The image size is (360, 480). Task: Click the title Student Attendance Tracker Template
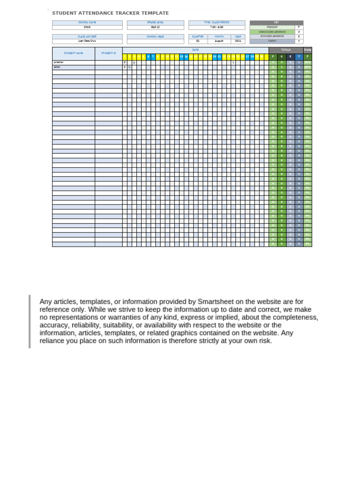[110, 13]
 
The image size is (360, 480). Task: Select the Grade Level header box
[155, 22]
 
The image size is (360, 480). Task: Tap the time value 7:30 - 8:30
[217, 27]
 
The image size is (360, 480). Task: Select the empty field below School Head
[155, 41]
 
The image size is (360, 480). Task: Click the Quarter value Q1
[197, 41]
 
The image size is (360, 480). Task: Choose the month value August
[219, 41]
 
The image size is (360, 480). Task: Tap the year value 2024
[238, 41]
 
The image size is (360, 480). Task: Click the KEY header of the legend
[276, 22]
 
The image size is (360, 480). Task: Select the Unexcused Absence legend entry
[272, 32]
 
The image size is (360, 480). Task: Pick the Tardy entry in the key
[272, 41]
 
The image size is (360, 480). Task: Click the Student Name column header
[73, 53]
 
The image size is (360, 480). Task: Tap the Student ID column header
[108, 53]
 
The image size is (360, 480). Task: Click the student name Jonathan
[58, 62]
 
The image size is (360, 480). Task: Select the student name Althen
[57, 67]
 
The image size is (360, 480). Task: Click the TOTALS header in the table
[285, 50]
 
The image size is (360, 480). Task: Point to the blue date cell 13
[181, 57]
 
